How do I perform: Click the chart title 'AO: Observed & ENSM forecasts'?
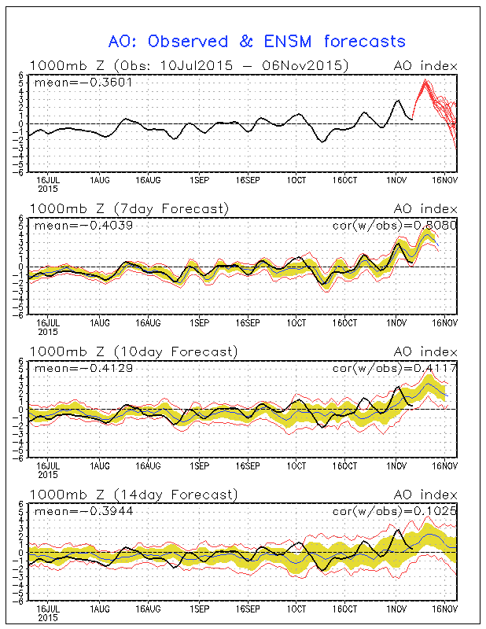click(256, 41)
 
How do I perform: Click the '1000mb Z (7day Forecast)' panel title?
click(130, 208)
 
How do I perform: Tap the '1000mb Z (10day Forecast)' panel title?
click(133, 351)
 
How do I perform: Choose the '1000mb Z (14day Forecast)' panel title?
click(133, 495)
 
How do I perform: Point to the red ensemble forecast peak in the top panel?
click(425, 80)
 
